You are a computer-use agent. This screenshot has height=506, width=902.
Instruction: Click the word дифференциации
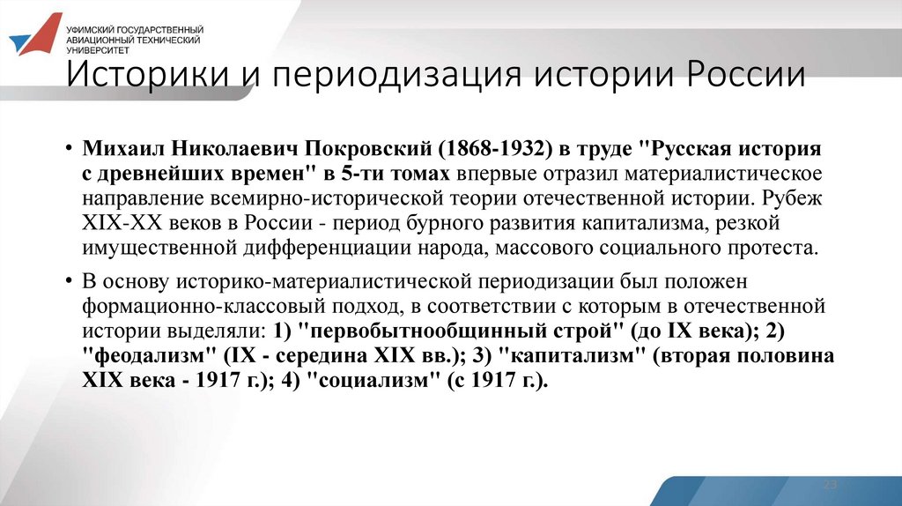[326, 248]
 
